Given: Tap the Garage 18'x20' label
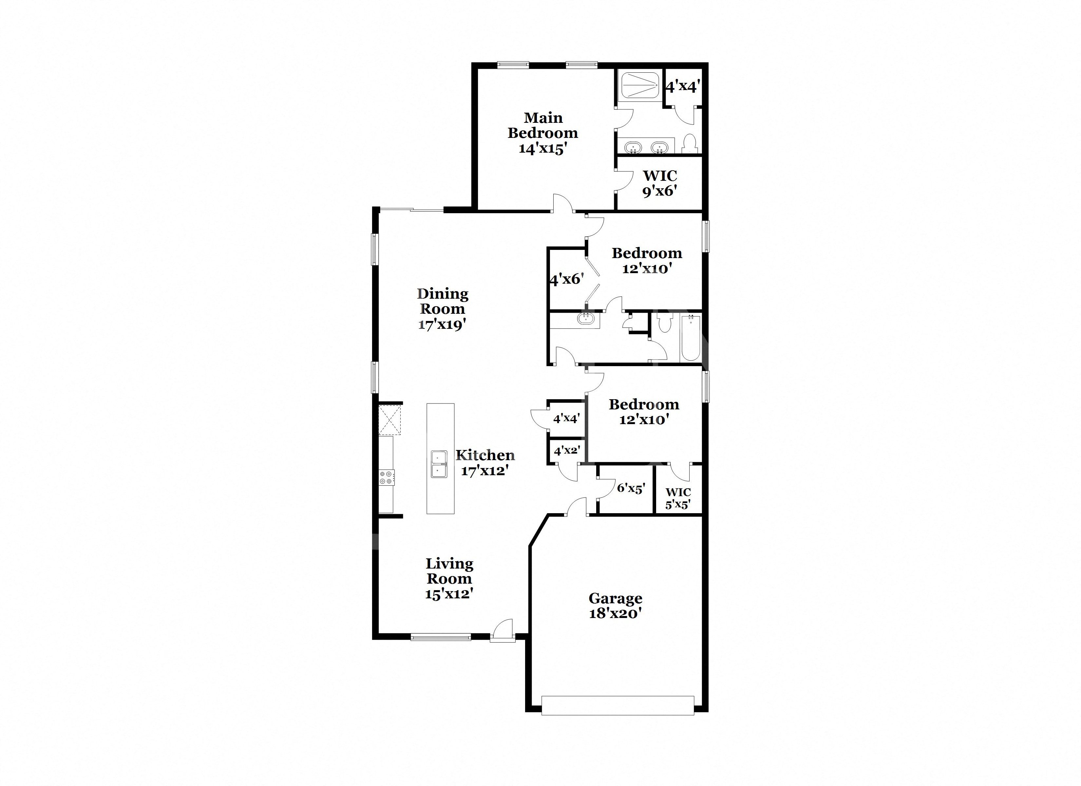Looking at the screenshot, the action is pos(615,605).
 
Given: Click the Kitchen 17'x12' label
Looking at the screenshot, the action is pos(485,463).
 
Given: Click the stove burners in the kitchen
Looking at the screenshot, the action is pos(387,477).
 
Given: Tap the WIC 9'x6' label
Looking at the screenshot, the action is pos(660,183).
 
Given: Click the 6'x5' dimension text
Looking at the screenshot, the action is pos(631,488).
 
